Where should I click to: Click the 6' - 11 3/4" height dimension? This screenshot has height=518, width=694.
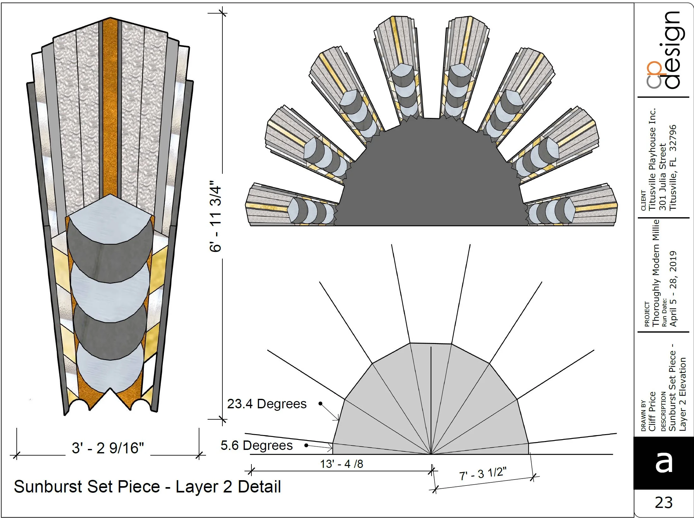coord(216,216)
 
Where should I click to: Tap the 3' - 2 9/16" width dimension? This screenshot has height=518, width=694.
coord(108,448)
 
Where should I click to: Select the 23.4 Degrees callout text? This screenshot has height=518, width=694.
coord(267,404)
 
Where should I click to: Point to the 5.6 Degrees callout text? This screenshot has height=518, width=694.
coord(256,445)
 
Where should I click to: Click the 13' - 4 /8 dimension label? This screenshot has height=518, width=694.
coord(341,464)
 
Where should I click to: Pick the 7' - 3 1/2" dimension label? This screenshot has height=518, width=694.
coord(483,474)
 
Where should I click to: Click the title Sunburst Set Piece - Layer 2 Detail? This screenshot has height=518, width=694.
coord(147,486)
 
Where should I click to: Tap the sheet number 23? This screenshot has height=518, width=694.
coord(663,502)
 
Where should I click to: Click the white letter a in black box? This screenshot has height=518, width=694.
coord(663,463)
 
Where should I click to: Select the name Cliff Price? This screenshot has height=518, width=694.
coord(652,411)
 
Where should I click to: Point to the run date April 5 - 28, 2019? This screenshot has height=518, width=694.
coord(673,288)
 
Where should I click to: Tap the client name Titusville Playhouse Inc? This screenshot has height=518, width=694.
coord(652,159)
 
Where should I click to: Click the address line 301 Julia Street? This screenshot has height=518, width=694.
coord(662,177)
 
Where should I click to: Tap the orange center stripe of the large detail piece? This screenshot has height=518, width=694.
coord(110,107)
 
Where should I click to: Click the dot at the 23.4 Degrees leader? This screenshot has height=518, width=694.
coord(321,404)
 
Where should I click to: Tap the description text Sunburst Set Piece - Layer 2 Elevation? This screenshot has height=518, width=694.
coord(677,388)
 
